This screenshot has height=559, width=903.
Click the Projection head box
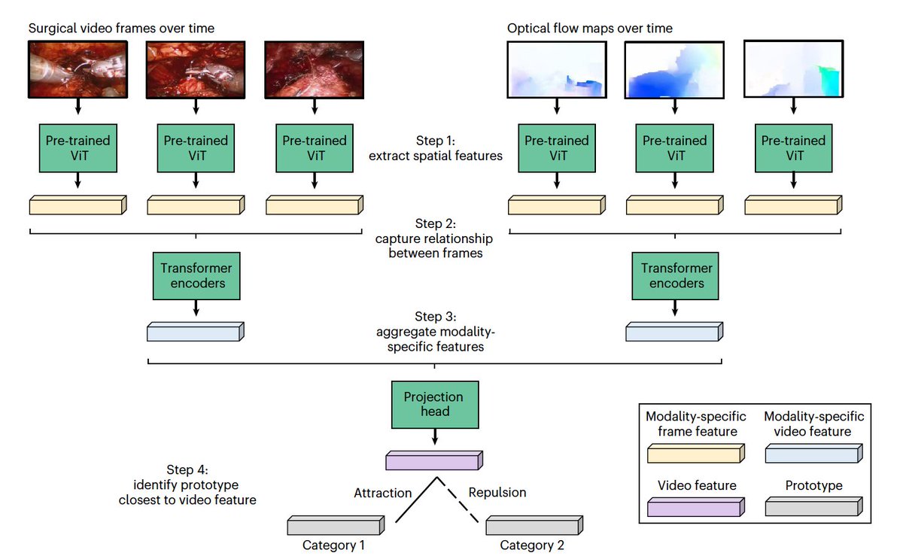[x=435, y=404]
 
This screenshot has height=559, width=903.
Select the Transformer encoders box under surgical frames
[x=196, y=275]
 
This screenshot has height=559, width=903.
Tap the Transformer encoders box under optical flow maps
[x=675, y=275]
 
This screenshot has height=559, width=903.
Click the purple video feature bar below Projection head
[x=434, y=460]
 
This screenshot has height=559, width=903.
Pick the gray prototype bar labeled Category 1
[x=336, y=525]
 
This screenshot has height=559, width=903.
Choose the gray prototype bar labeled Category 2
[x=534, y=525]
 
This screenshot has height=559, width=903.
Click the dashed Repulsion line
[x=458, y=500]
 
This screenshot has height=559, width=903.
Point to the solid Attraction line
[x=416, y=500]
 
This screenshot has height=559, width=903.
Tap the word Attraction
[x=382, y=493]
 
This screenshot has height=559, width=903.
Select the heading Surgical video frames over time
[x=121, y=28]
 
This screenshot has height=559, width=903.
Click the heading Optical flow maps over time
[x=590, y=28]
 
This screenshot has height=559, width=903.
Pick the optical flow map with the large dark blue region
[x=674, y=70]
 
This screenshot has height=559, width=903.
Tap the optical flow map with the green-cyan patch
[x=793, y=68]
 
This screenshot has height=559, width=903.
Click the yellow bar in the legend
[x=696, y=454]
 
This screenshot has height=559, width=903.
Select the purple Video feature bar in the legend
[x=696, y=507]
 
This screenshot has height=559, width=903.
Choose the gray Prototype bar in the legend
[x=814, y=506]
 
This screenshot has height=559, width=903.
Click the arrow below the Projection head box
[x=435, y=436]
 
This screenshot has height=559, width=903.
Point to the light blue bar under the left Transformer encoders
[x=196, y=332]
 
